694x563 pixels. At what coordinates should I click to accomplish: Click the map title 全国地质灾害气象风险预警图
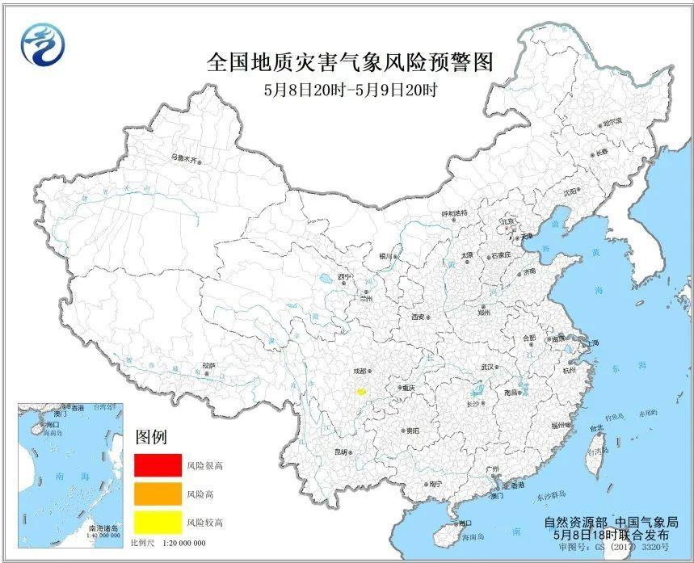click(x=349, y=63)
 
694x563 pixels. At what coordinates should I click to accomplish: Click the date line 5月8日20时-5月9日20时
click(x=349, y=90)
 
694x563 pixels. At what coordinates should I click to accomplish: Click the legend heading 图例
click(x=150, y=438)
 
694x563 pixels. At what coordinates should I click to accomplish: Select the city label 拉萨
click(x=209, y=366)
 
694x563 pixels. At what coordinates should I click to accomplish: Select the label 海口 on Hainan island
click(x=465, y=523)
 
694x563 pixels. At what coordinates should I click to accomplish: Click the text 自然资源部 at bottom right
click(x=572, y=523)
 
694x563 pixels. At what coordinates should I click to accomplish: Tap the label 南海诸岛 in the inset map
click(x=103, y=527)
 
